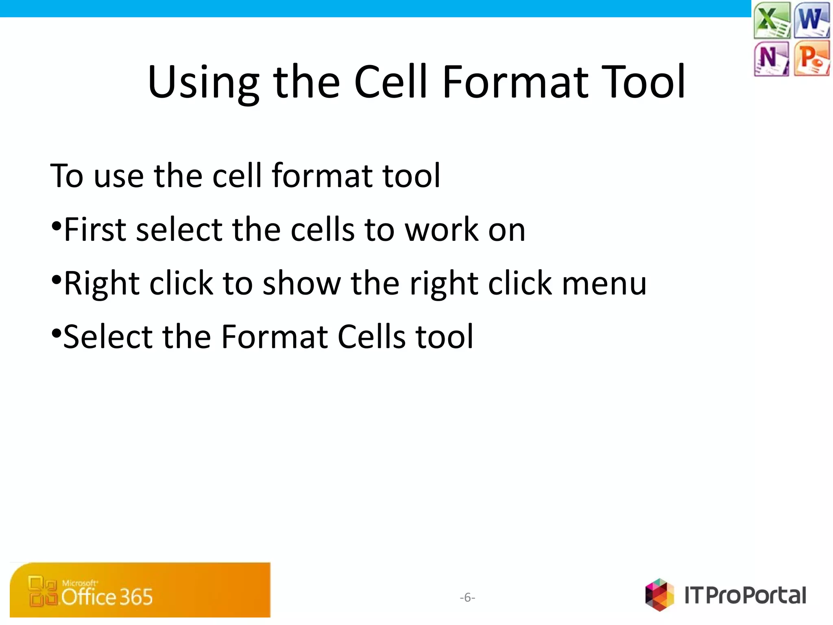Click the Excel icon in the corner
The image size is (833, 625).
click(772, 20)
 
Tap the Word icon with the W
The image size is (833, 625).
click(811, 20)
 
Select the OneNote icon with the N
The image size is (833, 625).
click(771, 58)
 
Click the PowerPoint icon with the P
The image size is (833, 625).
click(811, 58)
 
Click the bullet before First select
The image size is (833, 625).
click(57, 225)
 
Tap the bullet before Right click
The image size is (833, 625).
click(57, 279)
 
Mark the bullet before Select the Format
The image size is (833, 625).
click(57, 333)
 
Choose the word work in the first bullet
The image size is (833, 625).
click(442, 230)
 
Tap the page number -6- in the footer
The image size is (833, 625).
click(467, 597)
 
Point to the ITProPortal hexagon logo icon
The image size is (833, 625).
click(659, 594)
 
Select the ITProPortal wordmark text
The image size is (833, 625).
click(745, 595)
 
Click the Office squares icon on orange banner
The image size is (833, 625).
click(42, 591)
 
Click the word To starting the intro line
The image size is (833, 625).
click(67, 176)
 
